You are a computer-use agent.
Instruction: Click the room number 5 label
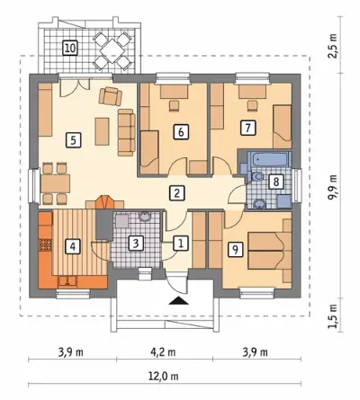click(73, 140)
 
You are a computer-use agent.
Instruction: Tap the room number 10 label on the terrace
click(70, 48)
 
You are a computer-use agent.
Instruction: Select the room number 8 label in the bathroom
click(276, 182)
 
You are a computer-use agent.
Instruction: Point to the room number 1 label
click(181, 243)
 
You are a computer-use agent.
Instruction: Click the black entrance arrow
click(178, 300)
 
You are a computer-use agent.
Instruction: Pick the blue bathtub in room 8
click(269, 160)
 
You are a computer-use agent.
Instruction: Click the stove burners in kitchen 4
click(46, 244)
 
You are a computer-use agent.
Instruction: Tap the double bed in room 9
click(270, 251)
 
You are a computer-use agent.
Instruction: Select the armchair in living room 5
click(111, 96)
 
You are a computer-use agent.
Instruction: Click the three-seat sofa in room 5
click(126, 132)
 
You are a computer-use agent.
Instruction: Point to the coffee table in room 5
click(102, 131)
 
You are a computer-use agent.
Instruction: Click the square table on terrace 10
click(112, 50)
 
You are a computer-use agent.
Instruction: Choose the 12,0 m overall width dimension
click(165, 376)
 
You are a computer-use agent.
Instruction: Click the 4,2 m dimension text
click(164, 352)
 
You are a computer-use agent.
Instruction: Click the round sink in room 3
click(145, 217)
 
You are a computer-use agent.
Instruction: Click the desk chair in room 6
click(174, 105)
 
